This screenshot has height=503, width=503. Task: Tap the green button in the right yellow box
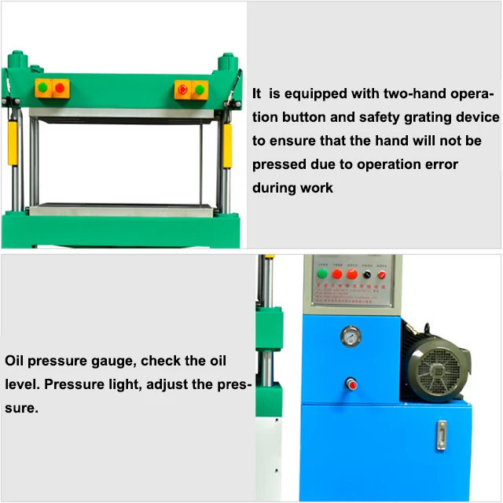[199, 90]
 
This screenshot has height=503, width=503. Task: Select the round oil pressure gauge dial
[349, 336]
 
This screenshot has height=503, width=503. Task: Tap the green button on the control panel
[322, 275]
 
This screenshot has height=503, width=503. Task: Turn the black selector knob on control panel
[366, 275]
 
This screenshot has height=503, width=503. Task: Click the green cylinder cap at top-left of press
[13, 59]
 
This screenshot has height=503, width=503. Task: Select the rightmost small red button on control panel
[382, 275]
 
